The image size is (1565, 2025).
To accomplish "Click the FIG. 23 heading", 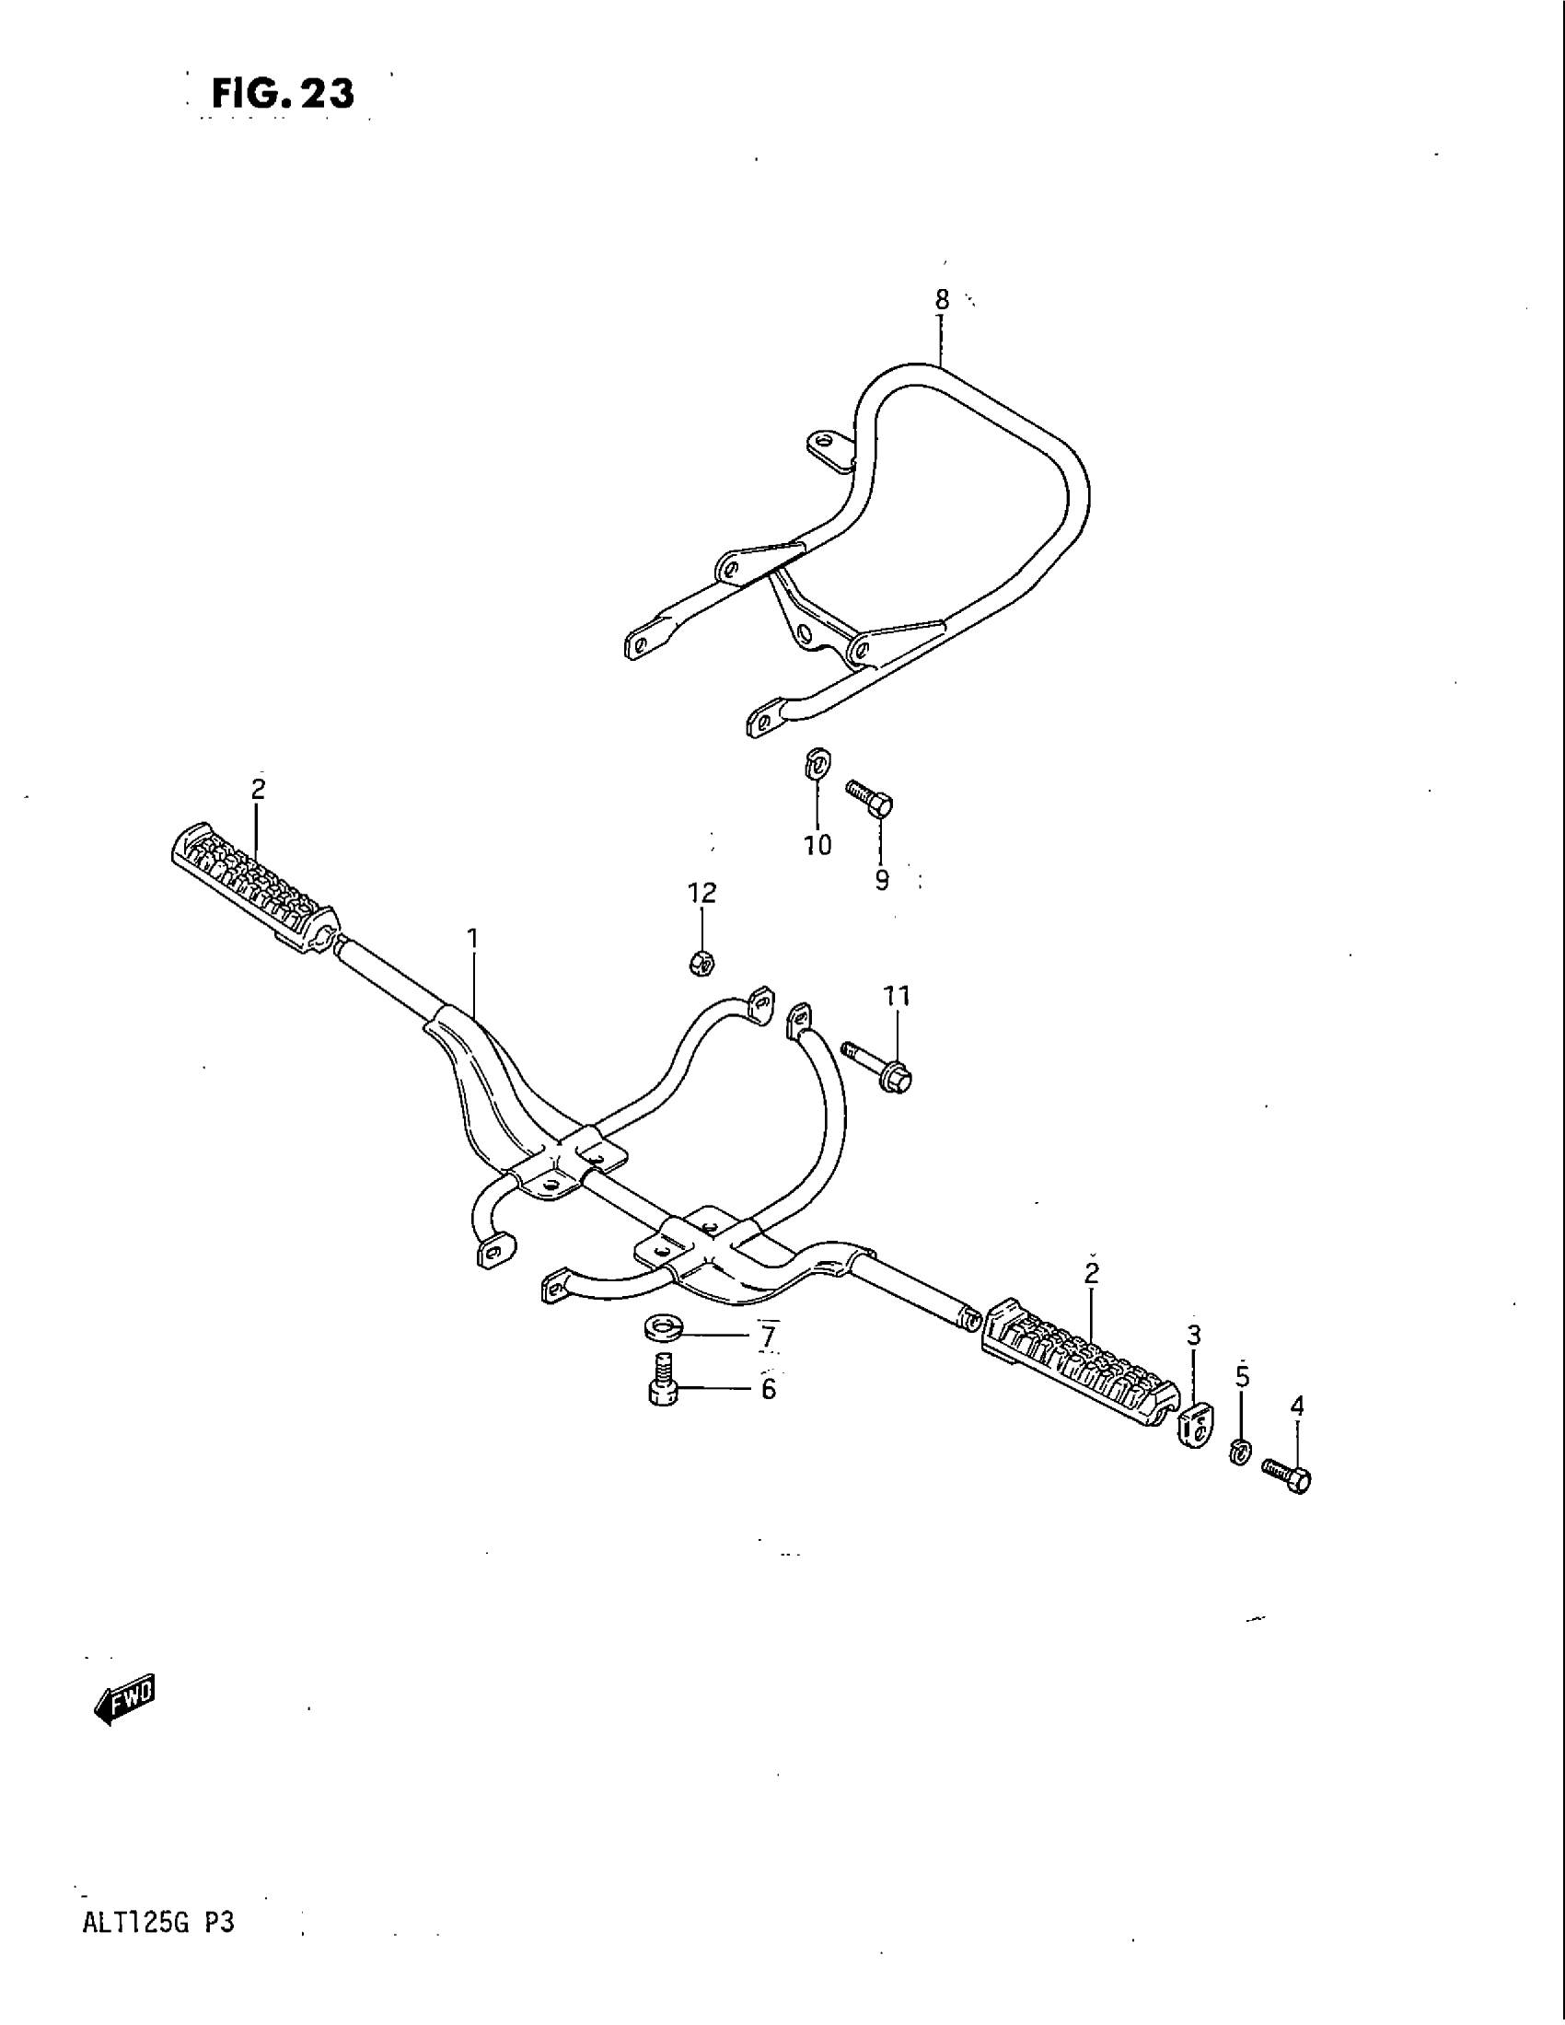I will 282,94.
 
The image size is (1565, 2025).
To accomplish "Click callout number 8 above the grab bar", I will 941,299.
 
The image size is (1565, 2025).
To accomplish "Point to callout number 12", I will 701,893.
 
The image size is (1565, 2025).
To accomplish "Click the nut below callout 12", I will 701,964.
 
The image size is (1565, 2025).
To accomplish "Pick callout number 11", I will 897,996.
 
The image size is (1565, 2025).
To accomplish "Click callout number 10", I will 817,845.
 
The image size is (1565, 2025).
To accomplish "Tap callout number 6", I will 769,1389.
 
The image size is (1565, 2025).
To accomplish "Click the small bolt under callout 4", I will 1287,1475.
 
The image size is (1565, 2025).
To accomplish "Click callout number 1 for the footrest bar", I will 473,938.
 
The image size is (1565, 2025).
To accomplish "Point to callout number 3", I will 1194,1336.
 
